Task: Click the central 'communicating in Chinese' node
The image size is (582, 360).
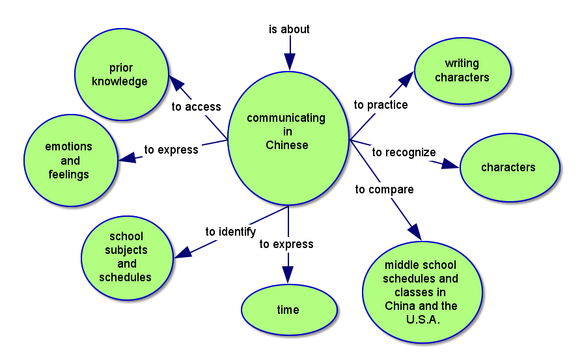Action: (287, 132)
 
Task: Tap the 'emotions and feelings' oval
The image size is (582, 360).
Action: (69, 160)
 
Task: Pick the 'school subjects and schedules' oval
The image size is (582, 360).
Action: (126, 257)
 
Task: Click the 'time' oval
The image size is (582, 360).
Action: (288, 310)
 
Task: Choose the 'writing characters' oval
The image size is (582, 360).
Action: (462, 71)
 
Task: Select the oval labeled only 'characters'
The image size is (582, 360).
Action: (509, 167)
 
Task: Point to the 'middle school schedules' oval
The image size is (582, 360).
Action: (422, 292)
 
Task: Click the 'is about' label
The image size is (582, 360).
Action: (289, 29)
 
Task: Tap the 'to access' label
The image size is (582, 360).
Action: (197, 107)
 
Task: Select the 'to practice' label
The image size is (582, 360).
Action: (381, 105)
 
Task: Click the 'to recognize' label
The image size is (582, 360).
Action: (404, 152)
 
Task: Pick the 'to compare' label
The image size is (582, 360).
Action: (384, 189)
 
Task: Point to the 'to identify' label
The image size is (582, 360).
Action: (230, 232)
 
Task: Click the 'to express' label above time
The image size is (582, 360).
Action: (286, 244)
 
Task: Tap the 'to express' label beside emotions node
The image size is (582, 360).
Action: (171, 150)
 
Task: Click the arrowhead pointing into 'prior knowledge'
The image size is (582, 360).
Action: (176, 83)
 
